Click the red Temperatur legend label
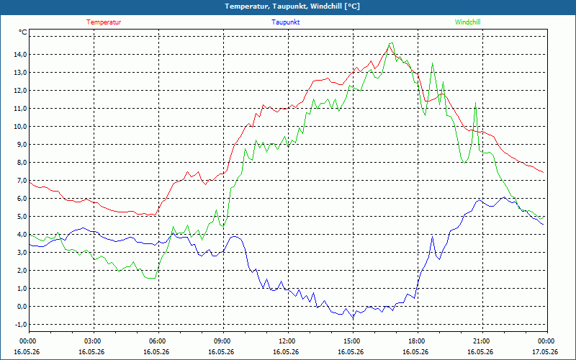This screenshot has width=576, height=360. pos(104,22)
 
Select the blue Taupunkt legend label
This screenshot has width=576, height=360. pos(285,22)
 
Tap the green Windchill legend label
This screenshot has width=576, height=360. pos(467,22)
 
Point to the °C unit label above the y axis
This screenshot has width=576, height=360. pos(23,32)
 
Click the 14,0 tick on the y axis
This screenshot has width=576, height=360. pos(20,55)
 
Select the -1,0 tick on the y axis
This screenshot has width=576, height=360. pos(20,325)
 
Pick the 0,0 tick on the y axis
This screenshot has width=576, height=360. pos(22,307)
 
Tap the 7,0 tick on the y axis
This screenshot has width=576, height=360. pos(22,181)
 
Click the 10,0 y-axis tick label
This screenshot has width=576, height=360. pos(20,127)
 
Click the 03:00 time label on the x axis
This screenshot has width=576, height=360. pos(94,341)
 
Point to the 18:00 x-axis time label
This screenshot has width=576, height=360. pos(418,341)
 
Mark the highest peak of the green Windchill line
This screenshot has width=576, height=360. pos(391,43)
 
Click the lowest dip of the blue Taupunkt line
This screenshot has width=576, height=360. pos(354,318)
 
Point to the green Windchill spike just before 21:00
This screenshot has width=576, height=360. pos(476,103)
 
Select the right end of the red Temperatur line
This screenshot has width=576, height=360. pos(544,172)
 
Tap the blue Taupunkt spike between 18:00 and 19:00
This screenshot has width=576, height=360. pos(433,237)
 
